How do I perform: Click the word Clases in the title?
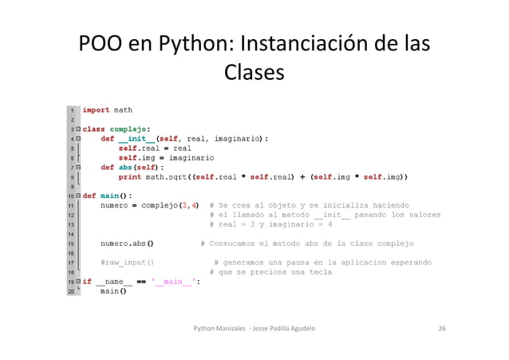254,73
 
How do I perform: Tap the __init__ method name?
137,137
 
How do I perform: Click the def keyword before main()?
89,195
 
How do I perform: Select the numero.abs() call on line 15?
128,243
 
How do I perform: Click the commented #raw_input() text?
128,262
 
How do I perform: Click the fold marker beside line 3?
79,128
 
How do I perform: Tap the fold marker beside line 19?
79,281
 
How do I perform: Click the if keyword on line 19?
87,281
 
